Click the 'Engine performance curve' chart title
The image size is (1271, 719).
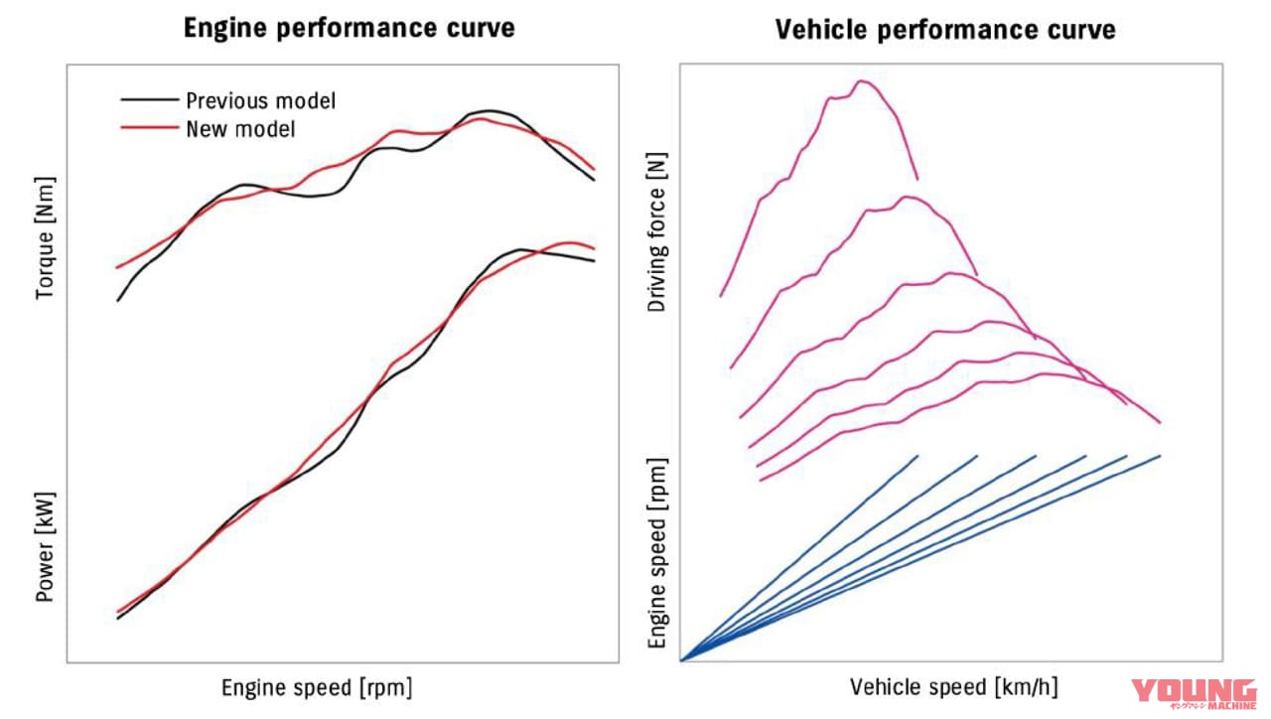[349, 27]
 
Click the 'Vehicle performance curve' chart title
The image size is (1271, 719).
[944, 30]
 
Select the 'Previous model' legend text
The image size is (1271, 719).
[260, 100]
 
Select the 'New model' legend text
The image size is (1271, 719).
[240, 128]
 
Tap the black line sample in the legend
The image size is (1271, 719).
[149, 100]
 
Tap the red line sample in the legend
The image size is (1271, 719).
[149, 128]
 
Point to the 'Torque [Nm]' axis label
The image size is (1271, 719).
[46, 238]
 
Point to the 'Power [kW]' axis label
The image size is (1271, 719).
[46, 546]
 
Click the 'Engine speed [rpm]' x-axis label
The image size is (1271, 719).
[316, 687]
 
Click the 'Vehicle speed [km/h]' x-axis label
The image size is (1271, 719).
[953, 687]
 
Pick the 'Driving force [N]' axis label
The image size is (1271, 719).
[656, 232]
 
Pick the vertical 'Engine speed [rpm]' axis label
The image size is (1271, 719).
[656, 553]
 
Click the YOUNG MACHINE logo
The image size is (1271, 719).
[1194, 694]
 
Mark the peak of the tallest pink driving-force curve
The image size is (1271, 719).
[861, 80]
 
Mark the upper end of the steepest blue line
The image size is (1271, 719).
[918, 456]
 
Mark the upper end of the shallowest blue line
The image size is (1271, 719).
[1160, 456]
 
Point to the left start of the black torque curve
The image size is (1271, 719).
[117, 301]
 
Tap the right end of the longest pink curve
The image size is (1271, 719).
[1160, 423]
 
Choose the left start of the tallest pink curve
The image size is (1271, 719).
[720, 296]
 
